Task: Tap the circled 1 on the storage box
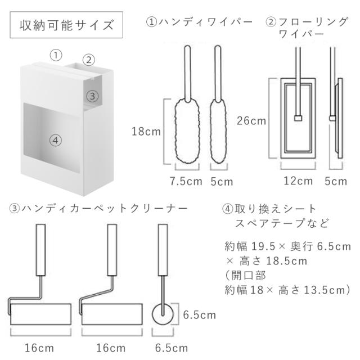[55, 55]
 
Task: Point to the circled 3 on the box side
[94, 96]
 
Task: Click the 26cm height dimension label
[251, 120]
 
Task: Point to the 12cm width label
[298, 181]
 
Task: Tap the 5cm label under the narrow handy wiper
[221, 181]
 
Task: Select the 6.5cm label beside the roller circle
[200, 315]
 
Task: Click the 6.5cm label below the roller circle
[167, 348]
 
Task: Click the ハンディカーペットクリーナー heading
[98, 208]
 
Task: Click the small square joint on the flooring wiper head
[299, 118]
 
